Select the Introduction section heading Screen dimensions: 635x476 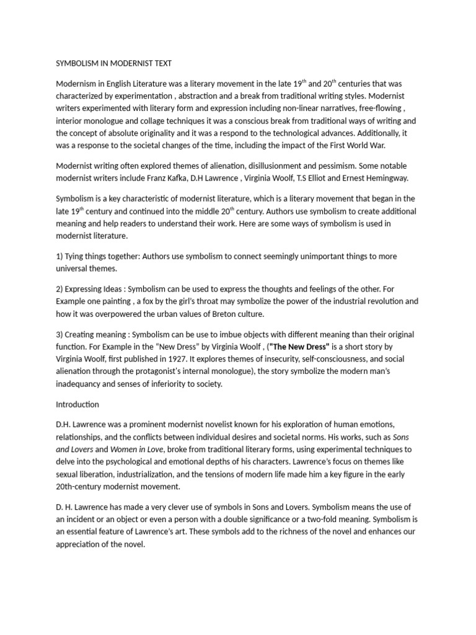coord(77,404)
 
